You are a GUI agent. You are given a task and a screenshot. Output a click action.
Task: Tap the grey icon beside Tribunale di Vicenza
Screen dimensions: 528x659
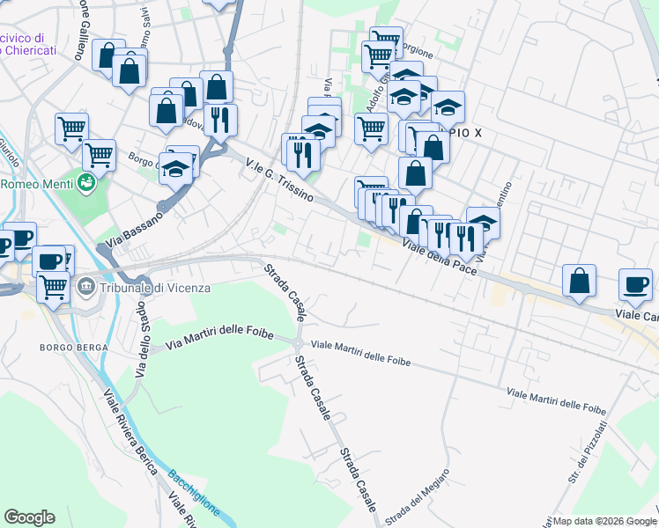tap(86, 287)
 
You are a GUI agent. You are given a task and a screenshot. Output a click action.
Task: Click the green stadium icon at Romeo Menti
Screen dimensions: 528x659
tap(86, 183)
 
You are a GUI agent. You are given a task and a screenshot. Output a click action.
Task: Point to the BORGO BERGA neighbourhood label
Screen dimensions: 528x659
tap(74, 348)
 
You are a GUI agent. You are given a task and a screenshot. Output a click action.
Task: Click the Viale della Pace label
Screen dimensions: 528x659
tap(441, 257)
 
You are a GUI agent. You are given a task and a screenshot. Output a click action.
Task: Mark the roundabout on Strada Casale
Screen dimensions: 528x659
tap(299, 343)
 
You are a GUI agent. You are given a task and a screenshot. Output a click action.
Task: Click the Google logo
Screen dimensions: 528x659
tap(29, 517)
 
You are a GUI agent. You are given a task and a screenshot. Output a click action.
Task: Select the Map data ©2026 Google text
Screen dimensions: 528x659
tap(605, 521)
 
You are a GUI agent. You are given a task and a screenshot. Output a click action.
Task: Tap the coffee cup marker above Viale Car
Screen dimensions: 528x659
tap(635, 282)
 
